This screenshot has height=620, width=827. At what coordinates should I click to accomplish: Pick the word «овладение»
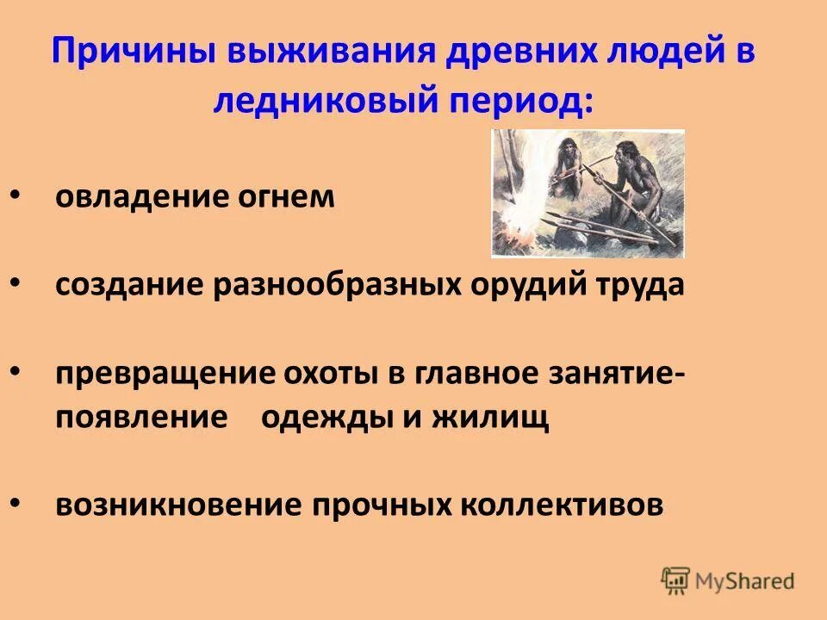[x=136, y=197]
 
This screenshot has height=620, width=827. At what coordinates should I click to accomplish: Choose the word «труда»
[x=640, y=285]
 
